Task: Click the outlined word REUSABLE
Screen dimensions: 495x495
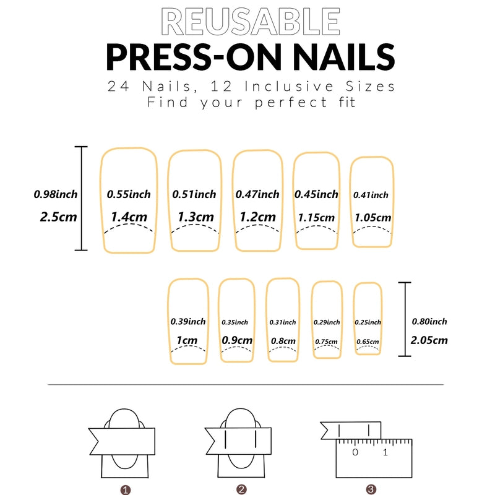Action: point(250,22)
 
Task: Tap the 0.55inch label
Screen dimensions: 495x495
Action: point(129,194)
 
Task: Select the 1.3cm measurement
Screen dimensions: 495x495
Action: point(196,217)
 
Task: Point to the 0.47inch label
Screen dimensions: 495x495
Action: point(257,194)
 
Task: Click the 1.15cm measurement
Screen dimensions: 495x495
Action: point(316,218)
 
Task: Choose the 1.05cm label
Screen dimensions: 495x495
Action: point(372,218)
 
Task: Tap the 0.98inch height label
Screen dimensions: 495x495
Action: point(56,194)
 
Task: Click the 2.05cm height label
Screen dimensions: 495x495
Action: point(429,340)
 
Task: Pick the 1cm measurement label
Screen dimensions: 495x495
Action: point(187,340)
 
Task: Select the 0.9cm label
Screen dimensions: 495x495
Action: point(237,340)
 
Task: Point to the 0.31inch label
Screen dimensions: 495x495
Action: point(283,322)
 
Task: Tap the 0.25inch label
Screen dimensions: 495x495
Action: point(368,322)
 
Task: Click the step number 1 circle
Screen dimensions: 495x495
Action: point(126,489)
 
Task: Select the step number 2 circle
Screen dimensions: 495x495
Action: point(242,489)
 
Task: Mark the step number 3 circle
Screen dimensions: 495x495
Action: point(371,489)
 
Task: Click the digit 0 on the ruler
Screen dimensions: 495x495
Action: point(355,452)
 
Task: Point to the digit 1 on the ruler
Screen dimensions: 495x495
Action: point(385,452)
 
